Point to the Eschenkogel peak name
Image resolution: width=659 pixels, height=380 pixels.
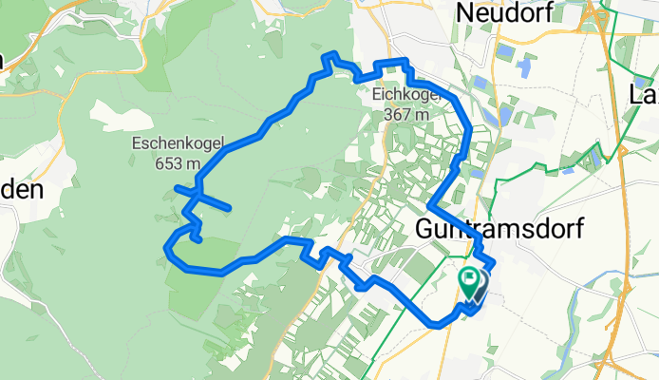(178, 145)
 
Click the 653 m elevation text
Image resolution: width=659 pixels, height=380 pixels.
(179, 162)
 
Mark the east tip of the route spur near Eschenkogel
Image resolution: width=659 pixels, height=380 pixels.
(229, 207)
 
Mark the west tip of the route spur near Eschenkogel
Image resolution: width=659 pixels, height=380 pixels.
(178, 189)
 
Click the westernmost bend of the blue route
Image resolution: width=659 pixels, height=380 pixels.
(167, 253)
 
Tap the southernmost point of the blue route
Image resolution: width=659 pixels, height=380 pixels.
(439, 325)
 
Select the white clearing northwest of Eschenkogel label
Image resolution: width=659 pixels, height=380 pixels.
(114, 114)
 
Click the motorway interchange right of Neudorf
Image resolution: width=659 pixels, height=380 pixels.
(598, 14)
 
